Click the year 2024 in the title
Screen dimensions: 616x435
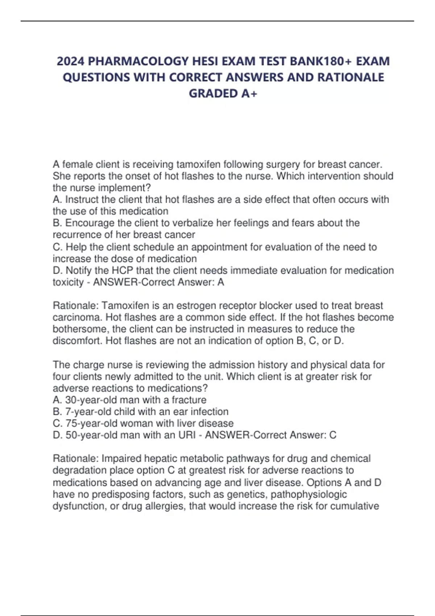(x=71, y=61)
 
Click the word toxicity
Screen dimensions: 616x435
(x=68, y=282)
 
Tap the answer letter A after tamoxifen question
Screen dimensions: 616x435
(x=220, y=282)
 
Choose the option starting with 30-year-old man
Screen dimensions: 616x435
(x=130, y=400)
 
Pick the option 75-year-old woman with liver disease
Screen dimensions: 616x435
(x=143, y=423)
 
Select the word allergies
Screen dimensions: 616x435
(x=164, y=506)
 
